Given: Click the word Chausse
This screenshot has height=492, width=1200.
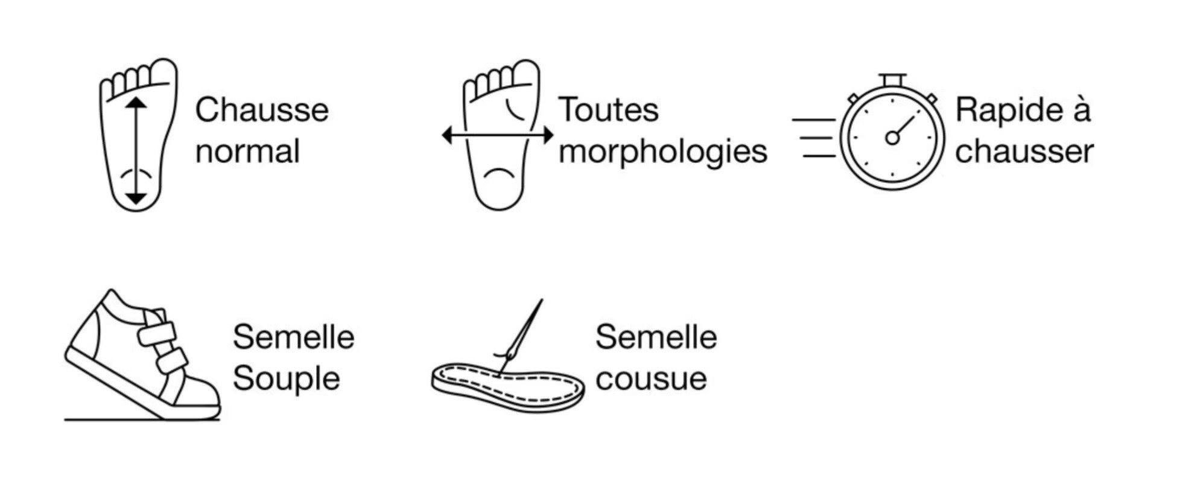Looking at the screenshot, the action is click(262, 110).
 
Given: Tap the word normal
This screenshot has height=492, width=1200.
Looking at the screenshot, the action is click(247, 152).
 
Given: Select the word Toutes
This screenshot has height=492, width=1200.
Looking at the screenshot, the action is click(608, 110).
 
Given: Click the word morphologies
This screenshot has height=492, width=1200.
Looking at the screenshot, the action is click(662, 152).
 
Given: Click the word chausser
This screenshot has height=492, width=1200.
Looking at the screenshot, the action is click(1024, 152).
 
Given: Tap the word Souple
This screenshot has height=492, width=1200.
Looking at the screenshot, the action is click(286, 380).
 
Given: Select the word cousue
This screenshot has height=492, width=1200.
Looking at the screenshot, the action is click(651, 380).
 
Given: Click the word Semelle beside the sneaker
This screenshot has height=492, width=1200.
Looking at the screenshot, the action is click(293, 337).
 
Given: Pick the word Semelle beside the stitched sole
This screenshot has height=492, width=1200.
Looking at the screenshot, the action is click(656, 337).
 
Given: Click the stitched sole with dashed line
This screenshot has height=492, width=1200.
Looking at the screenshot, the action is click(507, 387).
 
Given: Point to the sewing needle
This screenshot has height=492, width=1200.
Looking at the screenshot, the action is click(519, 336).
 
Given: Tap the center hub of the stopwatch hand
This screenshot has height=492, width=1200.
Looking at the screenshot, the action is click(892, 138).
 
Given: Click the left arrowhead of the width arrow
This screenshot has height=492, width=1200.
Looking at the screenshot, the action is click(447, 136).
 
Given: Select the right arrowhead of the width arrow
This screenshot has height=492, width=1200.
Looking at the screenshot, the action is click(548, 136).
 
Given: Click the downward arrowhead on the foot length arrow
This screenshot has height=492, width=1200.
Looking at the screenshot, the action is click(136, 197).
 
